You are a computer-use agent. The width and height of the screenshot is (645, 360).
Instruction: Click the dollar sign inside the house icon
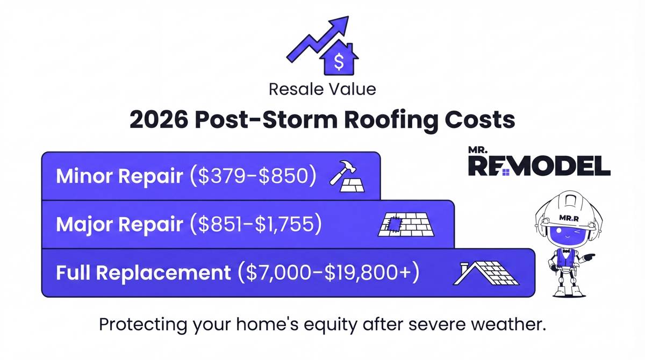coord(338,62)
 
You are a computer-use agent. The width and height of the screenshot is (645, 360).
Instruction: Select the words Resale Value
coord(322,89)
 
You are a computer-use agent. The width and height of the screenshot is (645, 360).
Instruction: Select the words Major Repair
coord(120,224)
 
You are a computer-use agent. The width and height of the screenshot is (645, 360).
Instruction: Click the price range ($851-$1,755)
coord(256,224)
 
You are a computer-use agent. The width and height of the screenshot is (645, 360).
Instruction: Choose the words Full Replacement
coord(143,272)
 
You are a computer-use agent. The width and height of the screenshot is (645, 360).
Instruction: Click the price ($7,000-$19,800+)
coord(328,272)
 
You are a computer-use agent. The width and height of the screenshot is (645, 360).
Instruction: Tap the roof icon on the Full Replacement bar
coord(485,272)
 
